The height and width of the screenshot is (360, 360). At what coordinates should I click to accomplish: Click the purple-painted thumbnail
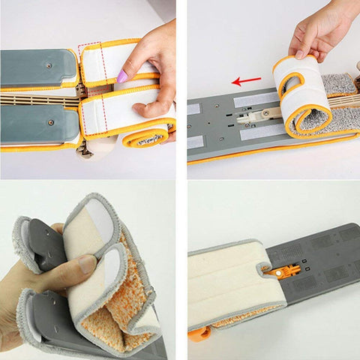tap(122, 76)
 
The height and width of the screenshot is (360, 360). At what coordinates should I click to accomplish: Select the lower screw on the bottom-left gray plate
tap(50, 122)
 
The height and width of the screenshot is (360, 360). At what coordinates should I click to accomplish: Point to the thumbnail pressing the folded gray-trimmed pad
tap(88, 264)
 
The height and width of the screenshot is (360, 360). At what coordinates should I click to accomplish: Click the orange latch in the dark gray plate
tap(284, 271)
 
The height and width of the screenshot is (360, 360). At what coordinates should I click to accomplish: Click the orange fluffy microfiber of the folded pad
tap(112, 315)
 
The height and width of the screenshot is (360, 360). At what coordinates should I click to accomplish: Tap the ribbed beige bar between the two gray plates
tap(37, 98)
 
